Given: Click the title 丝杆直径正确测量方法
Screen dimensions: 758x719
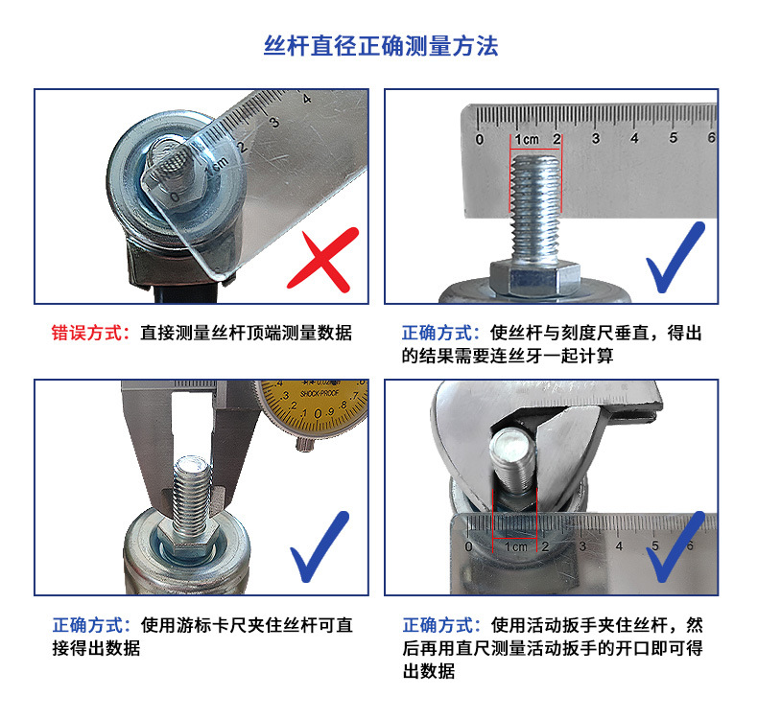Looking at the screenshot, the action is (381, 46).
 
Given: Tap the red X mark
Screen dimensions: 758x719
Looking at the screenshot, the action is (323, 260).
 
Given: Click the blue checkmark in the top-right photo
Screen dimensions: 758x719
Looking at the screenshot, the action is (675, 257).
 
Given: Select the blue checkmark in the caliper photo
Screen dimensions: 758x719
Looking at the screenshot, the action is (320, 546).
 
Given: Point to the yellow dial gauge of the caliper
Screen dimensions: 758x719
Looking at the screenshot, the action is (313, 405).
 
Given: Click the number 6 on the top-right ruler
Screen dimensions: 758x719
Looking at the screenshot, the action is (711, 138).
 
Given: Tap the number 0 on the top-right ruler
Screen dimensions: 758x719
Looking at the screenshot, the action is (479, 140).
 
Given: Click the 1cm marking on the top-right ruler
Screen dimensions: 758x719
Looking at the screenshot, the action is (527, 140).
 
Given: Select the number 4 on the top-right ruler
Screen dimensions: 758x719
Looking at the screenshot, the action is (634, 138).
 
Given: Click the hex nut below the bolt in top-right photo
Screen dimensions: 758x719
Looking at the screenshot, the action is (534, 278).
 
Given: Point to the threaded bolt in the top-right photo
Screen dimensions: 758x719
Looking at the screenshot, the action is (535, 209).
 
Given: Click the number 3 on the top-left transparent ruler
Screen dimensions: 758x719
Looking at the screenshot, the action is (274, 122).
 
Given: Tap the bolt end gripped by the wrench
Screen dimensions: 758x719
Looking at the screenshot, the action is (512, 459).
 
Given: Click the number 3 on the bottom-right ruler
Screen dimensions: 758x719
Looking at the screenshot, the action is (582, 546).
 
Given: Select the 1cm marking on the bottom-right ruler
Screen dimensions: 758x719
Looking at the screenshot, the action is (515, 546).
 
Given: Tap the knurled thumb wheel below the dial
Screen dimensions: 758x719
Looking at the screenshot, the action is (304, 443).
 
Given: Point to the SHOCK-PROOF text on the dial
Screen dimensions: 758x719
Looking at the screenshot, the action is (320, 394).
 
